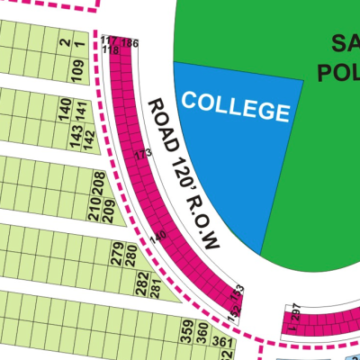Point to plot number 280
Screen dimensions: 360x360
click(130, 259)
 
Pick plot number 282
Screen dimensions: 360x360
click(141, 285)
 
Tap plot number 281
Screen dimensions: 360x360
click(154, 289)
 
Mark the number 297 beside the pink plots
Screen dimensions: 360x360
click(296, 310)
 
